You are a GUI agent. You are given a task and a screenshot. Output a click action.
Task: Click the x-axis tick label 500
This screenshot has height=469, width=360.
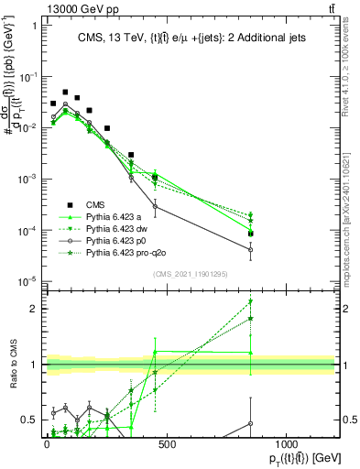(x=167, y=443)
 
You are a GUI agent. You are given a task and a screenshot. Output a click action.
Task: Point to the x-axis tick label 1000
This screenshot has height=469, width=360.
(x=286, y=443)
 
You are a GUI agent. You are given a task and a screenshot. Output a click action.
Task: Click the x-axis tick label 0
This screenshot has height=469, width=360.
(x=47, y=443)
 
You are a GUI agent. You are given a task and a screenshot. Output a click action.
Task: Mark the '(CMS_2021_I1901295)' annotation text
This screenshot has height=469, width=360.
(x=190, y=274)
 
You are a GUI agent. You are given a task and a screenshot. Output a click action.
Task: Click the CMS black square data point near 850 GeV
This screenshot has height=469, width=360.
(x=250, y=234)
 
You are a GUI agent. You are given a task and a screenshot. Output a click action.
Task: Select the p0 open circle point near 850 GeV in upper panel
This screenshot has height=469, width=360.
(x=250, y=249)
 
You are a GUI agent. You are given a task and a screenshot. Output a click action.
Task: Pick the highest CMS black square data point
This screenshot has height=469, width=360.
(x=65, y=93)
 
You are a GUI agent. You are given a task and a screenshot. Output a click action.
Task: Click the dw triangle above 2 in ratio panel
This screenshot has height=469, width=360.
(x=250, y=301)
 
